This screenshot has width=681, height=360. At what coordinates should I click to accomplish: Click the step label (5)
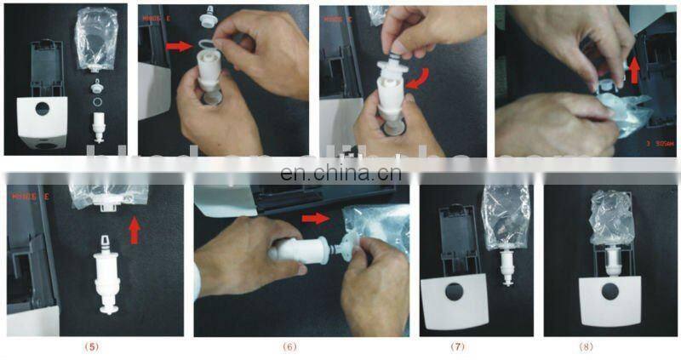[94, 347]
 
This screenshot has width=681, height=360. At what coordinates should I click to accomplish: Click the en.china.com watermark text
[340, 175]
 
